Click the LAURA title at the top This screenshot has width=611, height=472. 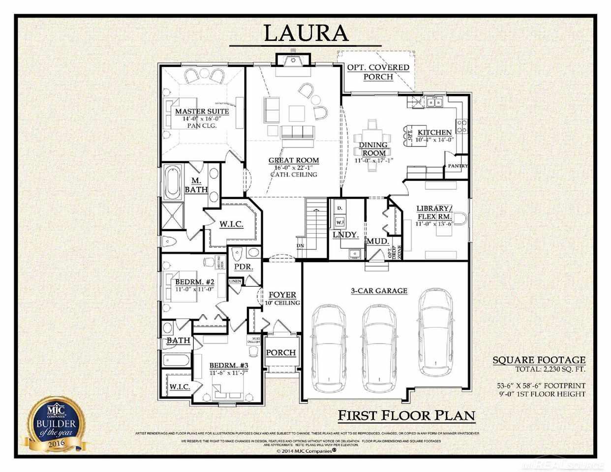coord(306,33)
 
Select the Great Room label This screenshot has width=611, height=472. coord(294,160)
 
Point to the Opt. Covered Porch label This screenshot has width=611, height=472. coord(378,72)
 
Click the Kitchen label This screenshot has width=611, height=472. coord(434,132)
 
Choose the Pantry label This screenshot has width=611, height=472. coord(458,166)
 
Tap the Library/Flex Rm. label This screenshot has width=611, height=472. coord(433,212)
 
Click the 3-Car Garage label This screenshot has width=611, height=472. coord(379,291)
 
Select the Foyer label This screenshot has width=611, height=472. coord(282,295)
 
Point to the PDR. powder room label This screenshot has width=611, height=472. coord(244,267)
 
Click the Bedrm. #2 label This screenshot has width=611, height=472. coord(195,282)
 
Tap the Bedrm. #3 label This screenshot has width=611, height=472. coord(229,365)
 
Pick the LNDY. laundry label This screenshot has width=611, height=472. coord(345,235)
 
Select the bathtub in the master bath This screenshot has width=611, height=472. coord(172,182)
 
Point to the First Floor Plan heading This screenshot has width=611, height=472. coord(406,415)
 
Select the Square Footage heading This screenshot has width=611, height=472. coord(539,360)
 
